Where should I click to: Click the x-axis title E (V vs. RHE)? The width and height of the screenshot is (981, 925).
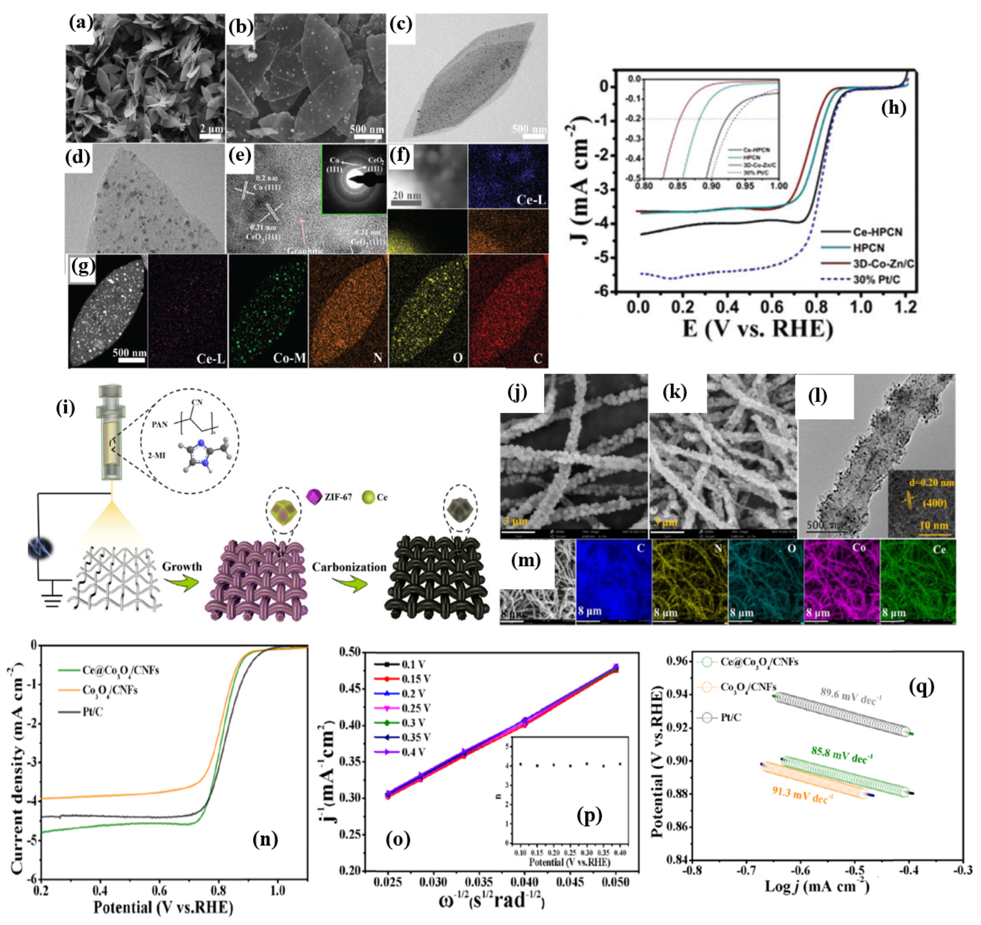pyautogui.click(x=758, y=328)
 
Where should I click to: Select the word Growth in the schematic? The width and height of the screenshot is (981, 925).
pyautogui.click(x=182, y=566)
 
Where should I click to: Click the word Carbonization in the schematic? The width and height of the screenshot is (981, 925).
pyautogui.click(x=349, y=567)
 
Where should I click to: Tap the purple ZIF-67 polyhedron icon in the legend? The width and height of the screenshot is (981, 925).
pyautogui.click(x=314, y=497)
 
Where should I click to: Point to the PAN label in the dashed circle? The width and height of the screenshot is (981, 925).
pyautogui.click(x=159, y=424)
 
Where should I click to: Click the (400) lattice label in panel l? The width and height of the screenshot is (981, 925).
pyautogui.click(x=934, y=503)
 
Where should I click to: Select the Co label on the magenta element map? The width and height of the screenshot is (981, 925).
pyautogui.click(x=859, y=547)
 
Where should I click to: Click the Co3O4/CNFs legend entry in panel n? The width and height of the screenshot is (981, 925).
pyautogui.click(x=109, y=690)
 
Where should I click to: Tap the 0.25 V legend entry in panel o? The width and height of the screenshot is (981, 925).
pyautogui.click(x=416, y=708)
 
